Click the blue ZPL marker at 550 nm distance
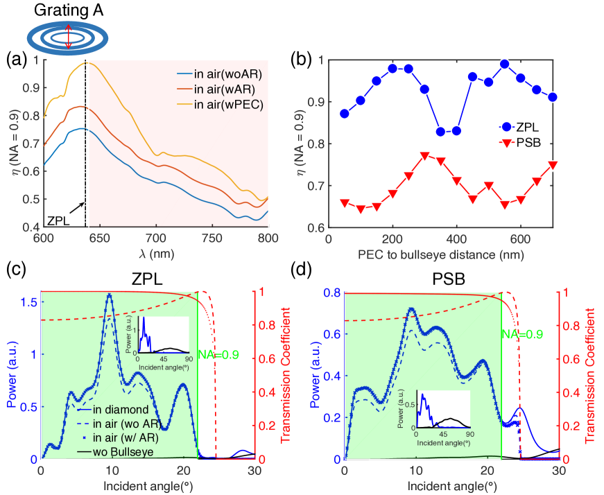coord(505,64)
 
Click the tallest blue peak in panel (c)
coord(109,295)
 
